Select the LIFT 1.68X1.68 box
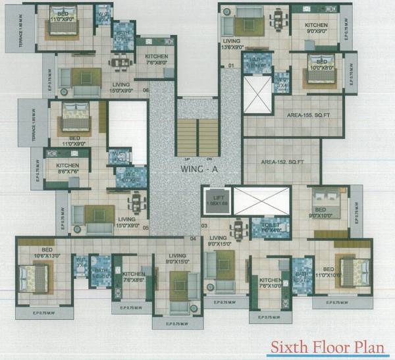(x=214, y=201)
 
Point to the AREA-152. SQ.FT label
(x=282, y=161)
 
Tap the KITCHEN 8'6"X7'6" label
(x=68, y=168)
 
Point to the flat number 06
(x=145, y=90)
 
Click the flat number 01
(x=231, y=66)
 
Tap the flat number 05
(x=145, y=228)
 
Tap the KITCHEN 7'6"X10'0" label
(x=269, y=283)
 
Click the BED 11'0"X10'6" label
(x=333, y=271)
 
